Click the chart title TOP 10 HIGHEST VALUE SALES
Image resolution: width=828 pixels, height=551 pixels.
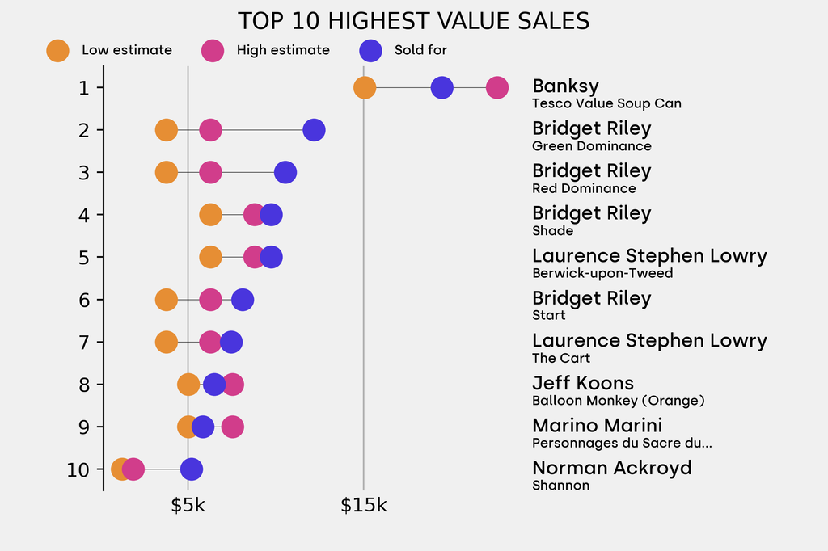(x=413, y=21)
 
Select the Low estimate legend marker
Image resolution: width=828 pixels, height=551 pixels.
(x=57, y=50)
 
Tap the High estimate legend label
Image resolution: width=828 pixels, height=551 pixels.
(x=283, y=50)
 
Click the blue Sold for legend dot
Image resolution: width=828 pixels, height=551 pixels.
(x=370, y=50)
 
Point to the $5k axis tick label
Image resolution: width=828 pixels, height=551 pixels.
(x=188, y=506)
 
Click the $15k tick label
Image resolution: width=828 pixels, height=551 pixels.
(x=363, y=506)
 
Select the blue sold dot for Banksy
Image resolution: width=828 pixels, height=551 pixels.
(x=441, y=87)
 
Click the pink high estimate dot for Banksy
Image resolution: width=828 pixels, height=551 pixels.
(x=497, y=87)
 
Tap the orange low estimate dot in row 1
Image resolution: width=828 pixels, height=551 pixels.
(x=365, y=87)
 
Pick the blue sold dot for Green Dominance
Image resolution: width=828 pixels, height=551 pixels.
(x=314, y=129)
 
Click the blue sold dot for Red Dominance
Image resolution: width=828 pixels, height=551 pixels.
(x=285, y=172)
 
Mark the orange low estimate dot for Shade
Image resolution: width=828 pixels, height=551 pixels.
(x=210, y=215)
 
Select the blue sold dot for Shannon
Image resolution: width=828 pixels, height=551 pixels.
(x=191, y=469)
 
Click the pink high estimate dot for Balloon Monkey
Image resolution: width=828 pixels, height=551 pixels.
(x=232, y=385)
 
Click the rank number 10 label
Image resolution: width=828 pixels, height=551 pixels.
(x=78, y=469)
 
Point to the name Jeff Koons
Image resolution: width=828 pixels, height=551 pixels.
(x=582, y=383)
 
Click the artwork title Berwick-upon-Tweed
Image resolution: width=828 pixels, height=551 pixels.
(x=602, y=273)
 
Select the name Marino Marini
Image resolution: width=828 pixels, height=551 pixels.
(x=597, y=425)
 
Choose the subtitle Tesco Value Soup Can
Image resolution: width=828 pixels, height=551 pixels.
(x=606, y=103)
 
